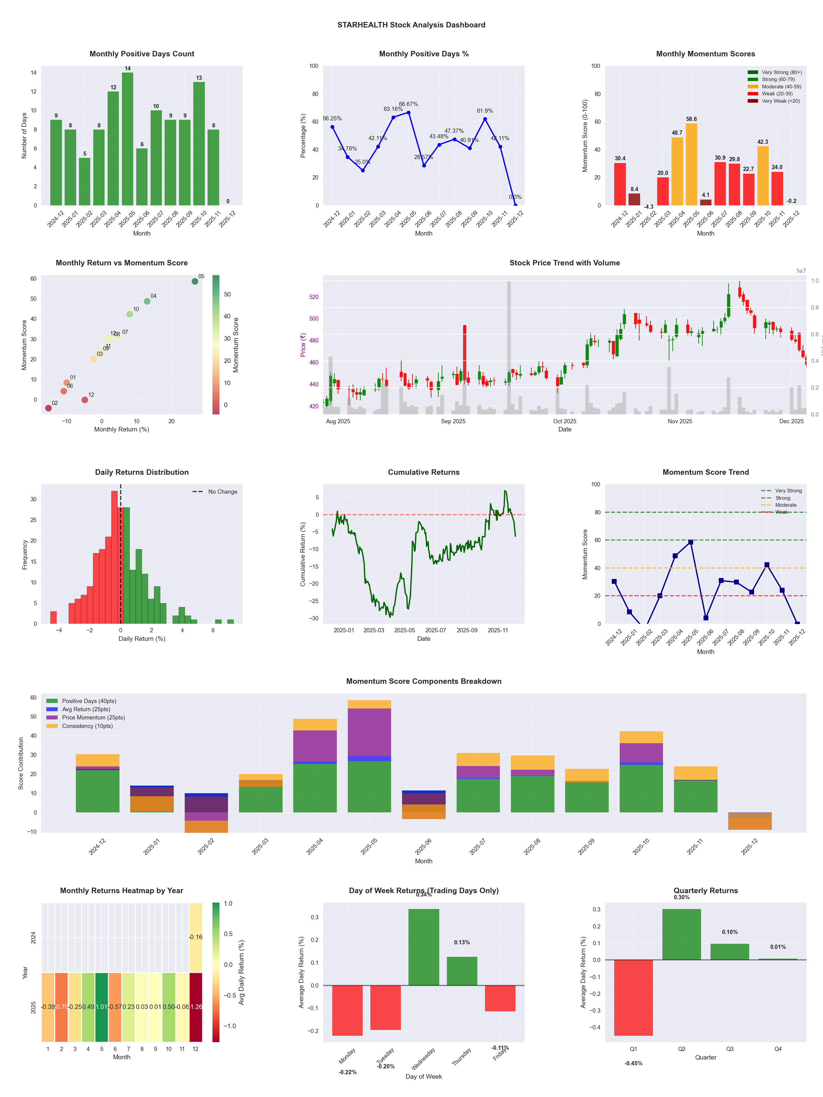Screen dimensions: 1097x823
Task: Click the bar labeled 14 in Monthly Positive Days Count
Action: click(x=127, y=139)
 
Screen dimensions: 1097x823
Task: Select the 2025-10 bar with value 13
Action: click(x=199, y=144)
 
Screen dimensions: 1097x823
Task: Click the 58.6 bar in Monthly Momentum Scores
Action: click(x=691, y=164)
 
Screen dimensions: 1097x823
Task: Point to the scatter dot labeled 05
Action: click(x=195, y=281)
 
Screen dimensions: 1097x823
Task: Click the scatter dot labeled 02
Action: click(x=48, y=408)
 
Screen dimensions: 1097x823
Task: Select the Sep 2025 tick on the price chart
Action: click(x=453, y=421)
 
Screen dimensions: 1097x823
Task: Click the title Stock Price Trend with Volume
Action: click(x=565, y=263)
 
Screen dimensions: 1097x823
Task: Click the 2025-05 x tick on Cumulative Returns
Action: click(x=404, y=630)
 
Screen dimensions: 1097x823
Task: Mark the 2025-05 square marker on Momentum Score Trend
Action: click(x=690, y=542)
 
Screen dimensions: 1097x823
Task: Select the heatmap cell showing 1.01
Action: click(x=102, y=1007)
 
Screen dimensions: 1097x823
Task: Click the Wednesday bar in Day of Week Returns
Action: click(x=424, y=947)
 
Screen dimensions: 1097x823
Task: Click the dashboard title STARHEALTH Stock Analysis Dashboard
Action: click(x=411, y=25)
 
